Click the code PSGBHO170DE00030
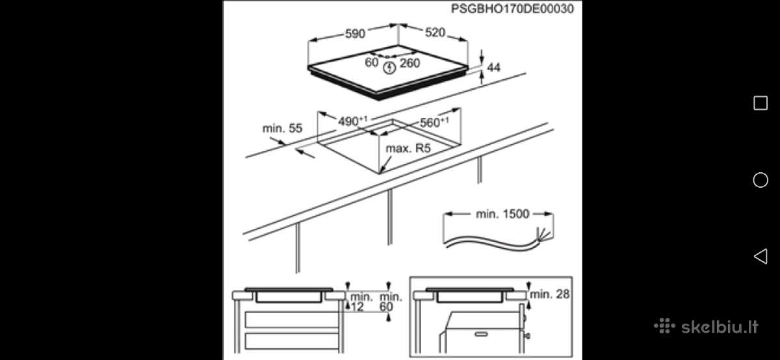[x=512, y=8]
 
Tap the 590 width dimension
[x=355, y=34]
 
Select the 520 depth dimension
[x=435, y=32]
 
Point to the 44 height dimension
[x=493, y=67]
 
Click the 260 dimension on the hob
[x=410, y=63]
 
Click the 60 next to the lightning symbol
[x=372, y=62]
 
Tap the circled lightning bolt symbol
[x=389, y=68]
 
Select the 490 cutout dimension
[x=352, y=121]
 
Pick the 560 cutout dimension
[x=434, y=122]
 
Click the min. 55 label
[x=282, y=129]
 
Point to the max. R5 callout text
[x=408, y=148]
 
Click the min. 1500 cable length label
[x=502, y=214]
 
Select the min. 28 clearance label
[x=549, y=294]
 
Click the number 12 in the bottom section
[x=357, y=307]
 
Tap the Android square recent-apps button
[x=760, y=103]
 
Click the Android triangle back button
[x=760, y=257]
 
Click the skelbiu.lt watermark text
[x=720, y=327]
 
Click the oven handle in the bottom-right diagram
[x=481, y=334]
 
